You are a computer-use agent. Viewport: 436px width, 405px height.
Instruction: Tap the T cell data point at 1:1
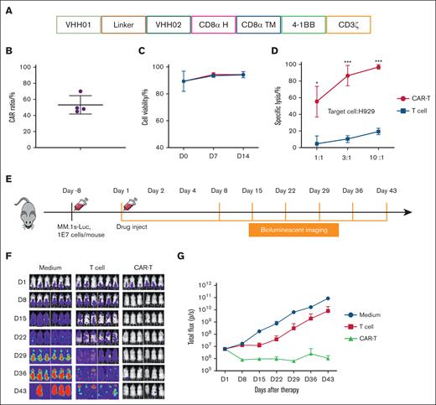[292, 143]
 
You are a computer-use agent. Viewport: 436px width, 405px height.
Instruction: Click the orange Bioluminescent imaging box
[293, 229]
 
